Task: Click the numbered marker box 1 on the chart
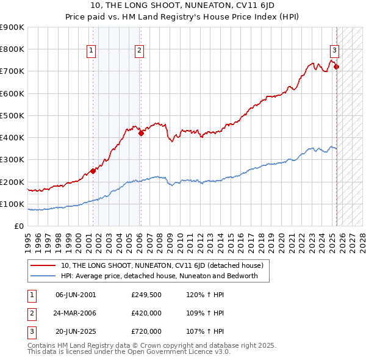(x=91, y=51)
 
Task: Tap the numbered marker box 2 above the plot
(x=140, y=51)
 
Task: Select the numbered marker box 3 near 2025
(x=335, y=51)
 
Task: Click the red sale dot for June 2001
(x=93, y=171)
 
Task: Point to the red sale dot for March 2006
(x=141, y=133)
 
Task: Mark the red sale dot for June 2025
(x=336, y=67)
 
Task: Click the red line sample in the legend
(x=43, y=265)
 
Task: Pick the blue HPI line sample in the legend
(x=43, y=276)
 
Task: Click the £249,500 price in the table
(x=146, y=295)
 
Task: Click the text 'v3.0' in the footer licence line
(x=221, y=352)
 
